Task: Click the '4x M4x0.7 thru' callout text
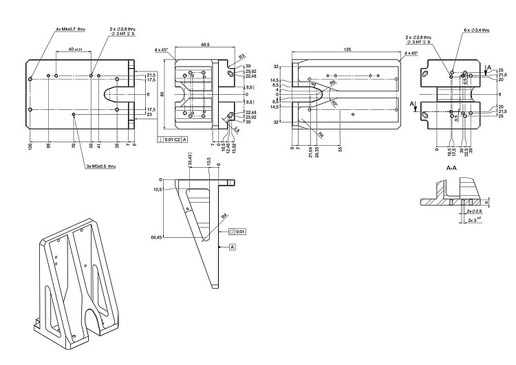tap(71, 30)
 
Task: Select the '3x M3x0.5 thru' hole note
tap(101, 166)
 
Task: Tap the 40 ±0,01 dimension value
tap(74, 49)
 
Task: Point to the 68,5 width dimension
tap(205, 44)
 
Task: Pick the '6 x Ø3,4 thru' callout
tap(476, 31)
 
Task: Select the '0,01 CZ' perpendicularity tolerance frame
tap(173, 140)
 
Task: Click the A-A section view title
tap(451, 168)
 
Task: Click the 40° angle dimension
tap(334, 102)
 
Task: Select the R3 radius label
tap(242, 56)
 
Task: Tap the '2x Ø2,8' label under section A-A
tap(474, 211)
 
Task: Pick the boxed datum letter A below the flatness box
tap(232, 246)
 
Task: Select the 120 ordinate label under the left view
tap(30, 146)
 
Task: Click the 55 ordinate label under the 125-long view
tap(339, 148)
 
